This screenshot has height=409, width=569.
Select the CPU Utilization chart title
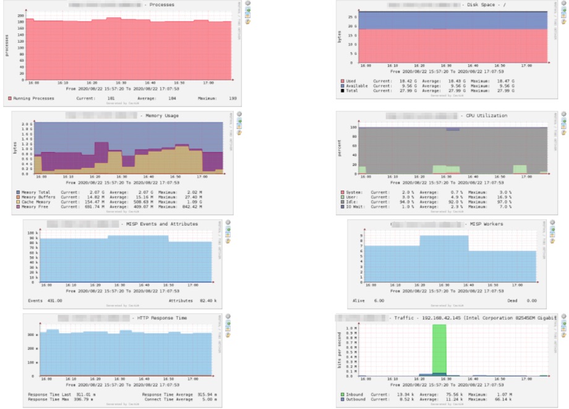484,116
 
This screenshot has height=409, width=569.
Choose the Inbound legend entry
356,394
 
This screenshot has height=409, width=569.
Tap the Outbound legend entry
357,399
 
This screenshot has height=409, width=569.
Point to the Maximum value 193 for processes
233,98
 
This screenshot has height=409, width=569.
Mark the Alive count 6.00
379,300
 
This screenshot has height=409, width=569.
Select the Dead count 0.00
531,300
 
